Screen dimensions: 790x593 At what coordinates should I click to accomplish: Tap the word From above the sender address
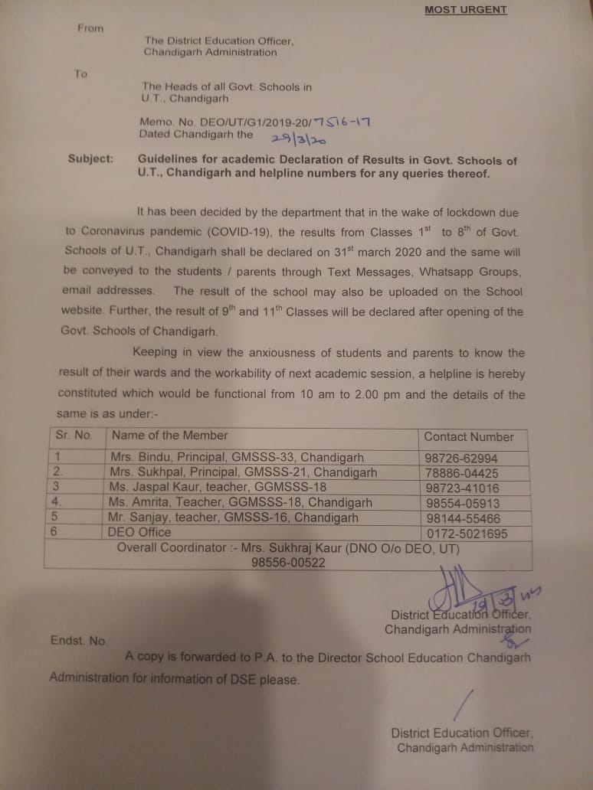(x=90, y=28)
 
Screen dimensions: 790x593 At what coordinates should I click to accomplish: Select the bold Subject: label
(x=90, y=159)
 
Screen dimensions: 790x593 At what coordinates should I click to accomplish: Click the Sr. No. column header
(x=74, y=435)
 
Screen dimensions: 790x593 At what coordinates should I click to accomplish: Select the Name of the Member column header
(x=169, y=435)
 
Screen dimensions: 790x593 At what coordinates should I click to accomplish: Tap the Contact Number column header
(x=469, y=436)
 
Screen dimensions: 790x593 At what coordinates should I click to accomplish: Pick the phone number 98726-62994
(x=467, y=459)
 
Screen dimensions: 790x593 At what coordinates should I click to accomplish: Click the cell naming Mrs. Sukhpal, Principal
(x=243, y=472)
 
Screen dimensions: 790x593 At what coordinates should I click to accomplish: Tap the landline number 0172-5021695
(x=467, y=533)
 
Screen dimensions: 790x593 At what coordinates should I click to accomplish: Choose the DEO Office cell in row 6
(x=139, y=532)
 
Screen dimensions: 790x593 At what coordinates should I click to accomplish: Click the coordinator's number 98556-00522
(x=288, y=562)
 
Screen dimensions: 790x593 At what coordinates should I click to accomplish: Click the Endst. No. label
(x=79, y=641)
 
